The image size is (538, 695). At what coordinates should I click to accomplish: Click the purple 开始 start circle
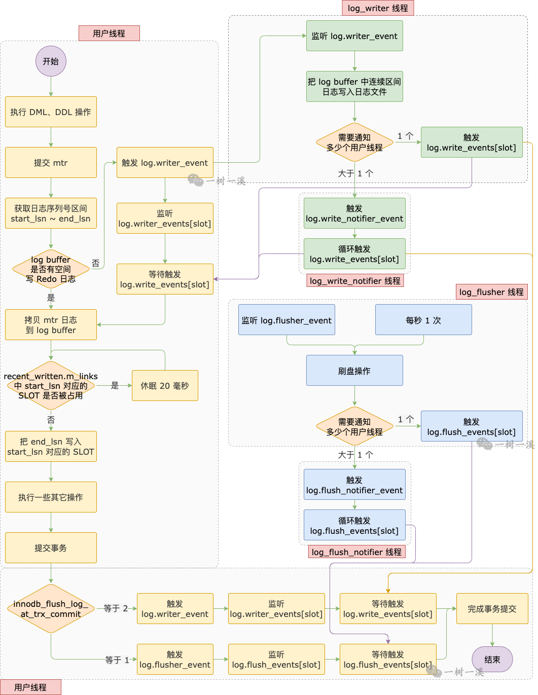(51, 61)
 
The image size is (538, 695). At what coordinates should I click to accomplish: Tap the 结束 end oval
(492, 659)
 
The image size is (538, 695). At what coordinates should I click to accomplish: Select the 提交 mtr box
(51, 163)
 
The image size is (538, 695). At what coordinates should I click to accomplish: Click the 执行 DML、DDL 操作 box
(51, 112)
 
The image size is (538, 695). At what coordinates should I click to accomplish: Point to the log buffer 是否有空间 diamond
(51, 269)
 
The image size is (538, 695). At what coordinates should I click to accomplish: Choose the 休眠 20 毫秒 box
(165, 386)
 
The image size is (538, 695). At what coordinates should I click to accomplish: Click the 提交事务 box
(51, 548)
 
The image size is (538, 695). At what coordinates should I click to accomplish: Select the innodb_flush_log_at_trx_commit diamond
(51, 609)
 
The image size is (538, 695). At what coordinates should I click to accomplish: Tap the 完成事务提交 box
(492, 609)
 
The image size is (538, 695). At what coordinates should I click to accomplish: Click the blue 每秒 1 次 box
(423, 320)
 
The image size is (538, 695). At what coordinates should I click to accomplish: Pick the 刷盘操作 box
(354, 371)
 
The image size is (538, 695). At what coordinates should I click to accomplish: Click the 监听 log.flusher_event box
(286, 320)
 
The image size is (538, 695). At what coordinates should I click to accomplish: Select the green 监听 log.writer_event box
(354, 36)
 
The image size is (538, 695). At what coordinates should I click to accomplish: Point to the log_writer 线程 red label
(378, 8)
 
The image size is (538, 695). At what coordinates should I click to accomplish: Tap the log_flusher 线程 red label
(491, 292)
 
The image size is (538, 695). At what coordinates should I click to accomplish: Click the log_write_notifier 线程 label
(355, 281)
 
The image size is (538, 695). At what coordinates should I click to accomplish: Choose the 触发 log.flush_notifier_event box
(354, 485)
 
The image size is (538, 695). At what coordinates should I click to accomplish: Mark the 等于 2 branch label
(116, 608)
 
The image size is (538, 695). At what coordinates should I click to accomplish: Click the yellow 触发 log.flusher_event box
(175, 660)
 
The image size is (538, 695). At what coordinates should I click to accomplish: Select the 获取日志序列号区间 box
(51, 213)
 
